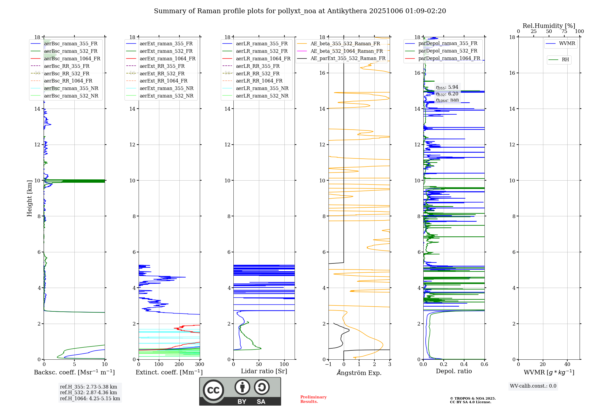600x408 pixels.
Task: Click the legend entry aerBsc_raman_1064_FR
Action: click(72, 59)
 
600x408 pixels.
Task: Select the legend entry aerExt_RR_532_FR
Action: click(162, 73)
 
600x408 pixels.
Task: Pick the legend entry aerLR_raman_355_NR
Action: click(262, 88)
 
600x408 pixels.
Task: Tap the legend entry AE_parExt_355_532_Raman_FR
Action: click(348, 58)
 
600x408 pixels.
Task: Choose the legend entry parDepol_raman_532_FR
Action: click(448, 51)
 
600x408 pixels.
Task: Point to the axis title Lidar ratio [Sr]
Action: click(264, 371)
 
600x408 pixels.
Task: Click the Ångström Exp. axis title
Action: click(359, 373)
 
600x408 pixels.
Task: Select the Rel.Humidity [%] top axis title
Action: click(549, 26)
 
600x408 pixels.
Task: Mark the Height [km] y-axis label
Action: click(29, 198)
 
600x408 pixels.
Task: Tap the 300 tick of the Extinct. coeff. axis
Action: click(199, 364)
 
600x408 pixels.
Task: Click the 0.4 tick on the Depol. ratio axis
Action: click(464, 364)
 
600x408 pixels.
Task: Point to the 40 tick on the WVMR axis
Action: click(567, 364)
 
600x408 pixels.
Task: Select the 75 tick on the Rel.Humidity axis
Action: click(564, 31)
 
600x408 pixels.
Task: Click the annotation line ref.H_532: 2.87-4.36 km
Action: click(88, 393)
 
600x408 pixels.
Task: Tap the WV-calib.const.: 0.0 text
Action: click(533, 386)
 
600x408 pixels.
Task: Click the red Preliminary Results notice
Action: click(313, 399)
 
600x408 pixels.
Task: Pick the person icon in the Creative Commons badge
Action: click(242, 387)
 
